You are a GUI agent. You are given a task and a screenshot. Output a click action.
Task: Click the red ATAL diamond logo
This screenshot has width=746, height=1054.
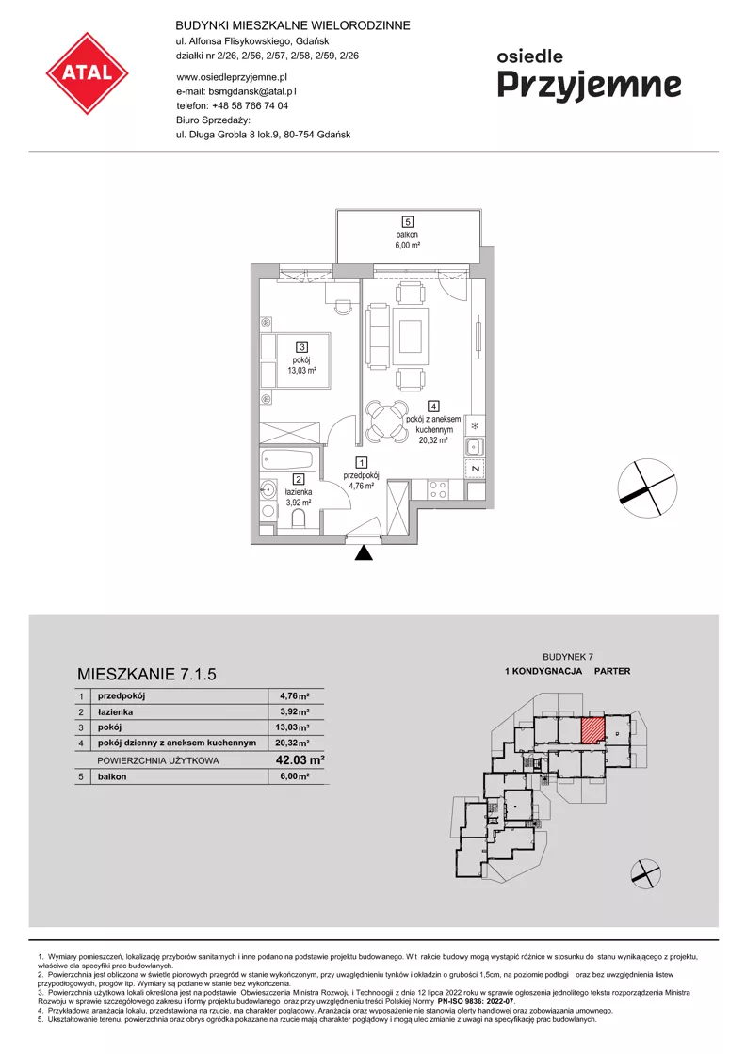click(x=87, y=72)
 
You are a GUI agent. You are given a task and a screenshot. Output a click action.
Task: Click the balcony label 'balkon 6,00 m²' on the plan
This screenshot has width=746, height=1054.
click(x=407, y=240)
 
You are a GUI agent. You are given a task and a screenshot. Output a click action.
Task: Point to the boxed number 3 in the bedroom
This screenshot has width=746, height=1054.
click(x=302, y=347)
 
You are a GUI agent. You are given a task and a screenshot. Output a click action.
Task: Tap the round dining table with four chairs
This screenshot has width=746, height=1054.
click(x=387, y=422)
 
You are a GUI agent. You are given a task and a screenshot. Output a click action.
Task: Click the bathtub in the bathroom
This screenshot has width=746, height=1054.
click(x=287, y=460)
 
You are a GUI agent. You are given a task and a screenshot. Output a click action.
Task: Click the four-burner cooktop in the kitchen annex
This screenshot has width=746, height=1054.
click(x=439, y=490)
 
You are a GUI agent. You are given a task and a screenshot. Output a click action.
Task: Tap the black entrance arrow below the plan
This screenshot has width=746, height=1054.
click(x=364, y=552)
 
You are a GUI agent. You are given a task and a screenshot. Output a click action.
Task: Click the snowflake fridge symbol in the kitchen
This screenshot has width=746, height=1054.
click(x=474, y=425)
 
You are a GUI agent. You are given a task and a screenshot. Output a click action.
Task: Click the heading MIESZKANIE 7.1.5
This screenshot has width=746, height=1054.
click(x=147, y=674)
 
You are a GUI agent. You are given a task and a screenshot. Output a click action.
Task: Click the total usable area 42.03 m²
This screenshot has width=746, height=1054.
click(x=300, y=759)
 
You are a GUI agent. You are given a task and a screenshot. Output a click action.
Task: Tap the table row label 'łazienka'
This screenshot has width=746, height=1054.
click(x=115, y=711)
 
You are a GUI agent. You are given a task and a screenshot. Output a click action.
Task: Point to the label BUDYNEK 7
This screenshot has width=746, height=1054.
click(x=568, y=657)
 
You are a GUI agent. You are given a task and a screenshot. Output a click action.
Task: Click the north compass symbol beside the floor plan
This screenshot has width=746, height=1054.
click(x=647, y=487)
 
